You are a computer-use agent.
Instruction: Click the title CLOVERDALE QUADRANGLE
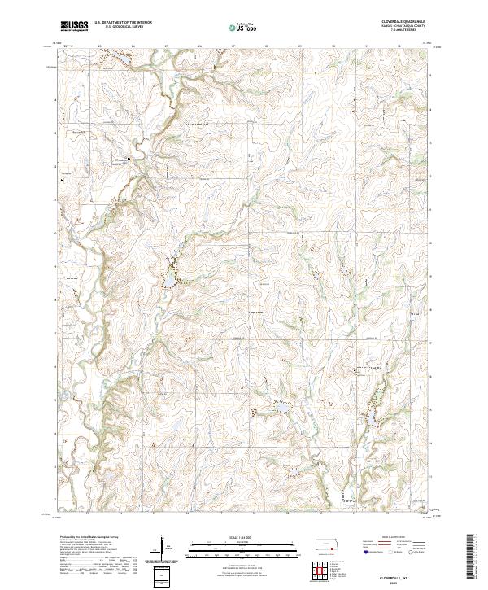pos(402,21)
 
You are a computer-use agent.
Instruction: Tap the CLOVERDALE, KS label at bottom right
pos(405,577)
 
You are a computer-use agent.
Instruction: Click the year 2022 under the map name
pos(405,583)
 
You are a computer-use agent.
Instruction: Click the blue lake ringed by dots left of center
pos(165,279)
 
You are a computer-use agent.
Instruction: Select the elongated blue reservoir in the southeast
pos(370,417)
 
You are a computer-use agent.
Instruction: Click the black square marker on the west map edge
pos(62,181)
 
